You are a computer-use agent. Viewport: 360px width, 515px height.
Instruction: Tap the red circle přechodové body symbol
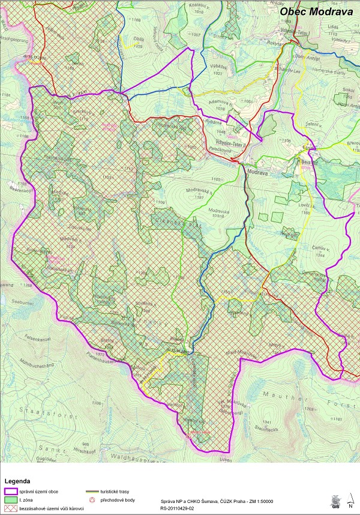[x=92, y=499]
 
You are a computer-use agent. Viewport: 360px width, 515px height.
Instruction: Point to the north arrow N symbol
[x=350, y=499]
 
